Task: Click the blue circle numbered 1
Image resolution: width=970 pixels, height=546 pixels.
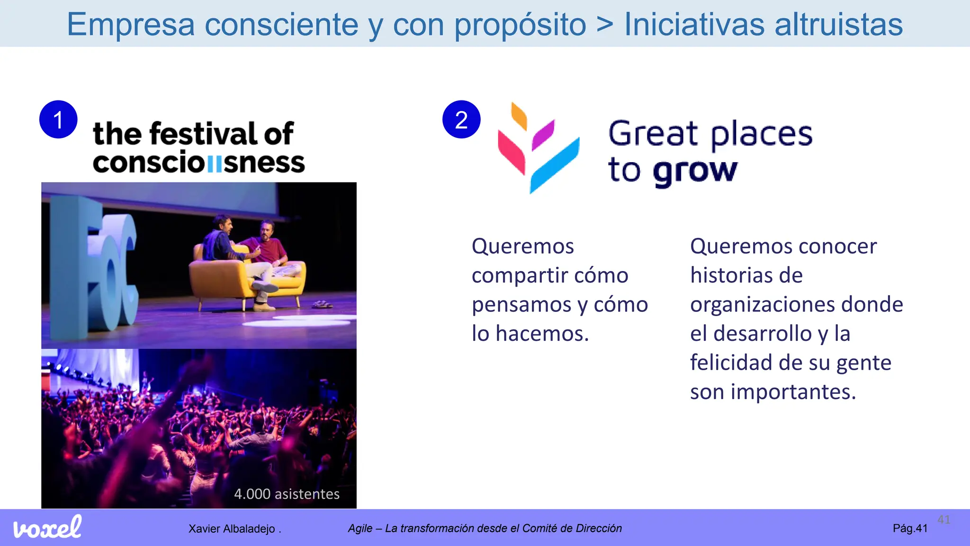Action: coord(58,119)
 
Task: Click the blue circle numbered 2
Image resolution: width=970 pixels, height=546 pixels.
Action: coord(461,119)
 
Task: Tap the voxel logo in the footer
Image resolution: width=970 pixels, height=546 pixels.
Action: coord(47,528)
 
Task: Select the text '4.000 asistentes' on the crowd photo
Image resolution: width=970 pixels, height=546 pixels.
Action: coord(287,494)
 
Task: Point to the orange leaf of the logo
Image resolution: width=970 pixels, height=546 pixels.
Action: coord(519,116)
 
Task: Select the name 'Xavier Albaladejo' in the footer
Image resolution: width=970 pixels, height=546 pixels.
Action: coord(232,528)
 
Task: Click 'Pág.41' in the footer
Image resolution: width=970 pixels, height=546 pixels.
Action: coord(910,528)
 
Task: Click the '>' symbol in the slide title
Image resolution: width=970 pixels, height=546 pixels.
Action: coord(605,24)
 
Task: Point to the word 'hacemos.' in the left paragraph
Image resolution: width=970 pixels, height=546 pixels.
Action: coord(542,334)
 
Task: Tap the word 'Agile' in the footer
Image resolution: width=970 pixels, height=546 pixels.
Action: coord(360,528)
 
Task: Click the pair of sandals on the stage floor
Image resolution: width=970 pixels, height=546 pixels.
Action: coord(322,304)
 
